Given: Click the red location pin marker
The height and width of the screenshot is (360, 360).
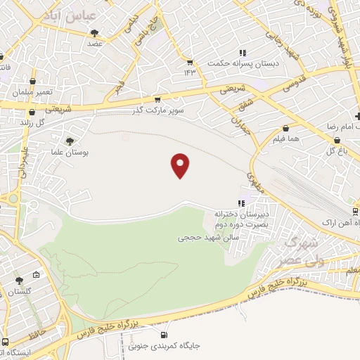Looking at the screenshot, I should point(181,165).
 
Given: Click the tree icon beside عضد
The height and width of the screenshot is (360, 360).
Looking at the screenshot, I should point(94,33).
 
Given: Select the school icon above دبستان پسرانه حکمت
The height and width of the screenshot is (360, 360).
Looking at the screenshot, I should point(243,53).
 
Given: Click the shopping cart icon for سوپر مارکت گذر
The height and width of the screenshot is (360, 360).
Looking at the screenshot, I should point(157,100).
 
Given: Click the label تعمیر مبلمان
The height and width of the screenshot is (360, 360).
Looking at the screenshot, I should point(30,93).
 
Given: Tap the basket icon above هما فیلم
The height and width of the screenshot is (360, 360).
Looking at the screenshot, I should point(286,129).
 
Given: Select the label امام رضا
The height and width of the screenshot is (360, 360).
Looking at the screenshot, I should point(339,124).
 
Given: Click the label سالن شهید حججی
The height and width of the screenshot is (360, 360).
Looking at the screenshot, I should point(209,238).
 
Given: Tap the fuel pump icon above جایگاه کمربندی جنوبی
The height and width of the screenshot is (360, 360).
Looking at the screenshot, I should point(164,335).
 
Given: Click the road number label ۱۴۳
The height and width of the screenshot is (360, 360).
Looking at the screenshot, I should point(189,72).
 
